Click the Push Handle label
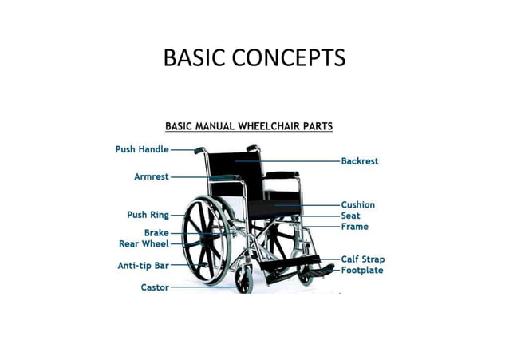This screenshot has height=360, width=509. click(142, 148)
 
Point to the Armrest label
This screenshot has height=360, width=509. click(151, 176)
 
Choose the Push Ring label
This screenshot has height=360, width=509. click(148, 214)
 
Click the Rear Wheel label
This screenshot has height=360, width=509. click(144, 243)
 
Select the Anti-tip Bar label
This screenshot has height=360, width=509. click(143, 265)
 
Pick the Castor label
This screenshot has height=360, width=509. click(154, 287)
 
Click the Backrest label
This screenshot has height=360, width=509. click(359, 160)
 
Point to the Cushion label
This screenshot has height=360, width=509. click(357, 204)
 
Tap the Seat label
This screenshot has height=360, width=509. click(350, 216)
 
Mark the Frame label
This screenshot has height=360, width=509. click(354, 227)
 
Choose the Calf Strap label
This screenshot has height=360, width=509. click(362, 259)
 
